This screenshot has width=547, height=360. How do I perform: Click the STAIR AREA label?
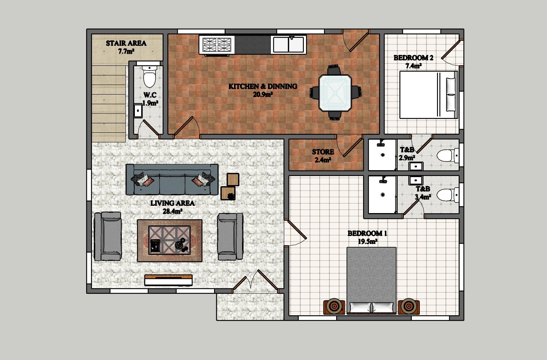126,43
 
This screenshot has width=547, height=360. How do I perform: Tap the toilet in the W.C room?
149,76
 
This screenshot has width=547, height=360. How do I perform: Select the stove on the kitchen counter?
217,45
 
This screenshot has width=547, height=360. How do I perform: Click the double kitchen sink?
288,44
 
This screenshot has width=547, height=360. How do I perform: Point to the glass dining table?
335,93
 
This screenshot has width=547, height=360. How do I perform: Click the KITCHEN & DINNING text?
263,86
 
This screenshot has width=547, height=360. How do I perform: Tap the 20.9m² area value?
263,94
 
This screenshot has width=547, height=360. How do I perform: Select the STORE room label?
323,152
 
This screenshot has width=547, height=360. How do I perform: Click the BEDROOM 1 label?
367,233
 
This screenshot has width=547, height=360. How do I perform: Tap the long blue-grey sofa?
172,180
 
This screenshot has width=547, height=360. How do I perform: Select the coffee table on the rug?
169,240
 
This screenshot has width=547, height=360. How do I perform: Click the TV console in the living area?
169,280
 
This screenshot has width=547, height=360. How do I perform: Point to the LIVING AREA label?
172,203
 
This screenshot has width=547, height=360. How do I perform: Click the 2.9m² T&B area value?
407,158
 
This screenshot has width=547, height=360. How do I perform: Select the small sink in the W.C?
138,111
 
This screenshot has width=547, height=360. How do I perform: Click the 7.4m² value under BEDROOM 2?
413,66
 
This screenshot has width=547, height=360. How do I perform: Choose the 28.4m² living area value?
172,211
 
